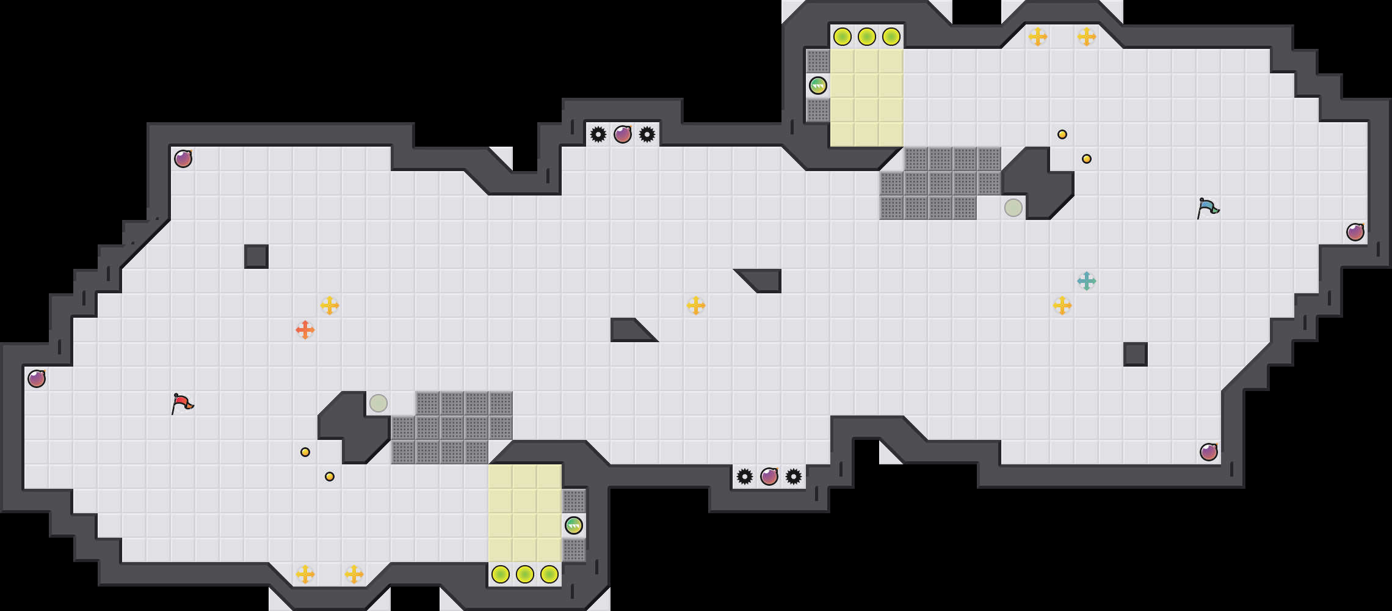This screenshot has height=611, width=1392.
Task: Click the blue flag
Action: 1208,208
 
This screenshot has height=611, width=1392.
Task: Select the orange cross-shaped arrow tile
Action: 305,330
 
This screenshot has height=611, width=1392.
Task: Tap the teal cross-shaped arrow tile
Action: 1087,281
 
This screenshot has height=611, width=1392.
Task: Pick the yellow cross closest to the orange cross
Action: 330,305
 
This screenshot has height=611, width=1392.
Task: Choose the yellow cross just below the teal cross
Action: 1062,305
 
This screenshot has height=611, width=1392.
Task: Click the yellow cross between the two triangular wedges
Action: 696,305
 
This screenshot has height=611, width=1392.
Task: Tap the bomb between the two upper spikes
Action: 623,134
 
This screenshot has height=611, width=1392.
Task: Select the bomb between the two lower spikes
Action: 769,477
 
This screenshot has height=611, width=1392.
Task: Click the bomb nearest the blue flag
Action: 1355,232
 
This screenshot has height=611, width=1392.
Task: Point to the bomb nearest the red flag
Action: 37,379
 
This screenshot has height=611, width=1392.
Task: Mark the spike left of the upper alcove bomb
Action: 598,134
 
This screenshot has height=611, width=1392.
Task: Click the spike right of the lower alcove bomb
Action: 794,477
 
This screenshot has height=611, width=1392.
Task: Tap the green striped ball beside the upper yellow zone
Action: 818,86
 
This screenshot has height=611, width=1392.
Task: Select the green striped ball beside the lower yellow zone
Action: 574,525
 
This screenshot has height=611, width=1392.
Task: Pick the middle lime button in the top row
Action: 867,37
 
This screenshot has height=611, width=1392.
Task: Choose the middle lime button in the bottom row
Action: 525,574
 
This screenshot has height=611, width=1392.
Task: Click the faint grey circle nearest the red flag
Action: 379,403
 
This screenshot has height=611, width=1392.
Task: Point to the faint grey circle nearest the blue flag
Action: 1013,208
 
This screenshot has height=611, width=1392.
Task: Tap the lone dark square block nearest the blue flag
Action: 1136,354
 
